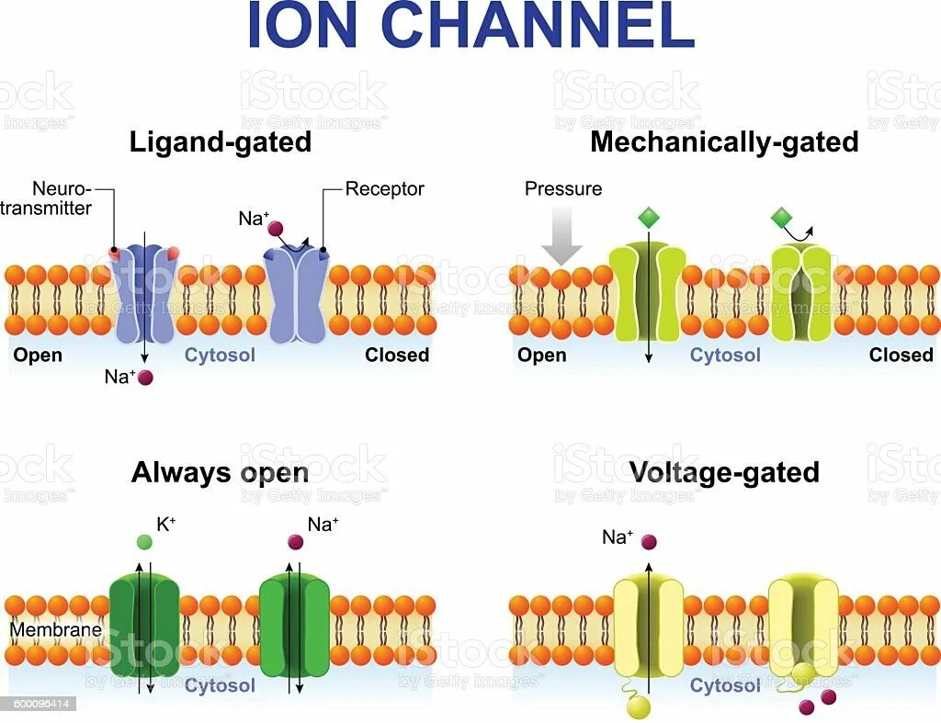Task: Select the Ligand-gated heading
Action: coord(220,142)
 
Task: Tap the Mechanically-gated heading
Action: coord(724,142)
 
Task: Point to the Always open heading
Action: coord(220,472)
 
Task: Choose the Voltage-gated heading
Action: coord(724,472)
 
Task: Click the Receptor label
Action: coord(384,189)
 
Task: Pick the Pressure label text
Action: coord(563,189)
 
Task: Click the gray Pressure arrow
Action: coord(561,233)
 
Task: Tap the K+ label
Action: coord(167,525)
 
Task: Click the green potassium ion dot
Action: coord(143,542)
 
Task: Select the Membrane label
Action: coord(55,631)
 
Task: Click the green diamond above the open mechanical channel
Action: coord(649,218)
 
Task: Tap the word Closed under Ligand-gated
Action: coord(397,355)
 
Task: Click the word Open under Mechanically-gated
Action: coord(542,355)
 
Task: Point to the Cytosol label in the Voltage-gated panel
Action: coord(725,685)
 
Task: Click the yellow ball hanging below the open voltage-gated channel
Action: coord(638,706)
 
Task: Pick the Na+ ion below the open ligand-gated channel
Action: coord(143,376)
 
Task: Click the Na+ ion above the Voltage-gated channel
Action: coord(649,542)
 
